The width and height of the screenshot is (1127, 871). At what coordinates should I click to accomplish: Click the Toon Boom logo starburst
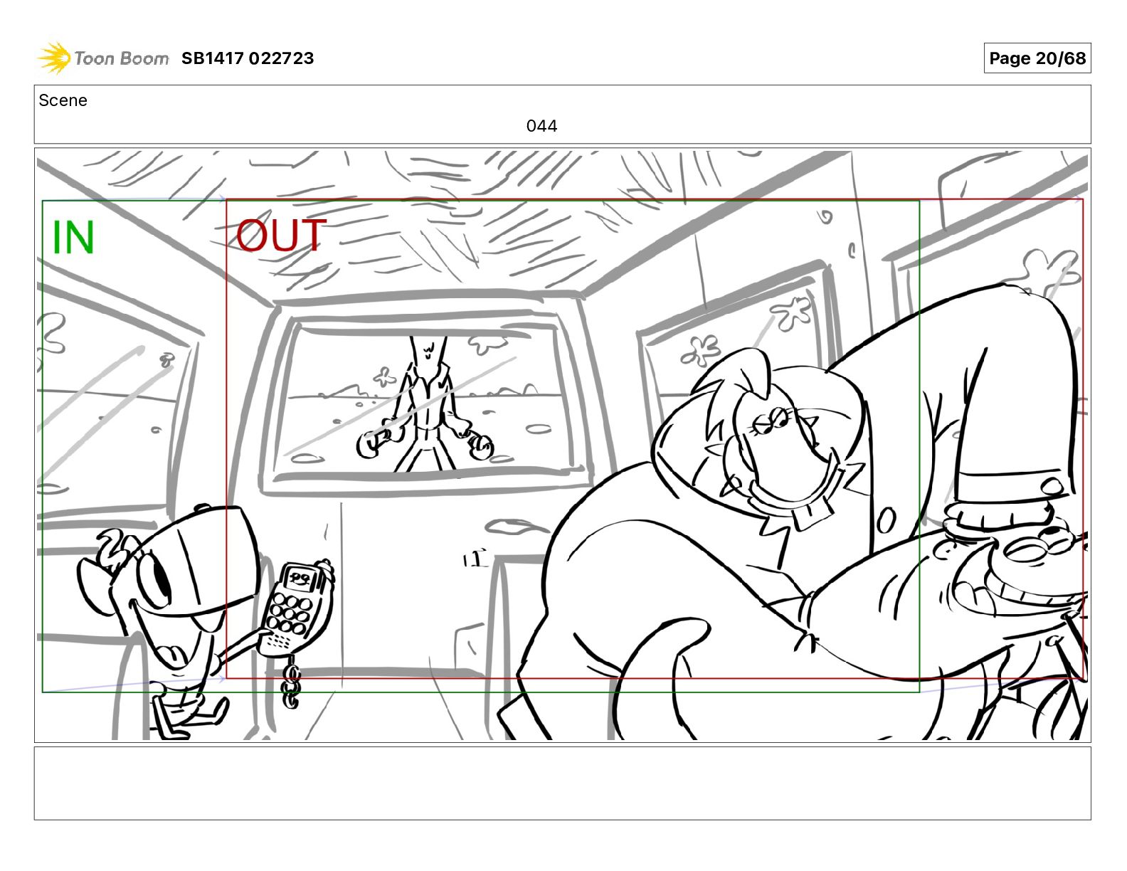pyautogui.click(x=54, y=58)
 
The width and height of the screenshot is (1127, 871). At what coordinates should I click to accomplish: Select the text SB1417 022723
pyautogui.click(x=248, y=58)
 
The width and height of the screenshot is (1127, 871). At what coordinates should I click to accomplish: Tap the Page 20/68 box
pyautogui.click(x=1037, y=58)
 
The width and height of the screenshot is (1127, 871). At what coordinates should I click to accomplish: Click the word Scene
pyautogui.click(x=63, y=100)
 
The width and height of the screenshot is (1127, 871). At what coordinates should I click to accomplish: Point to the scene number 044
pyautogui.click(x=541, y=125)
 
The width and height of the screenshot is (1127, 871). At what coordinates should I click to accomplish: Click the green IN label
pyautogui.click(x=73, y=237)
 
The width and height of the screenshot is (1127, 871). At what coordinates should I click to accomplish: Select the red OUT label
pyautogui.click(x=281, y=235)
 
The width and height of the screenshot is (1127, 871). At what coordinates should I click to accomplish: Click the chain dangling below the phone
pyautogui.click(x=292, y=682)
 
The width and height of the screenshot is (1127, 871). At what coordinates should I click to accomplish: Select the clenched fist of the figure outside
pyautogui.click(x=481, y=447)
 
